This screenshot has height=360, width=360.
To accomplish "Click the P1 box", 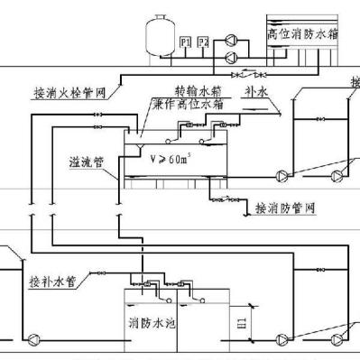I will (185, 42).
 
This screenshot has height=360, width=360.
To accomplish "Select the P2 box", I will (203, 42).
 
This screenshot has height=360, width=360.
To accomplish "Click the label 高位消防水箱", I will (301, 32).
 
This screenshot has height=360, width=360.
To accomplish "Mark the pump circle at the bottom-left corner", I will (34, 339).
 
